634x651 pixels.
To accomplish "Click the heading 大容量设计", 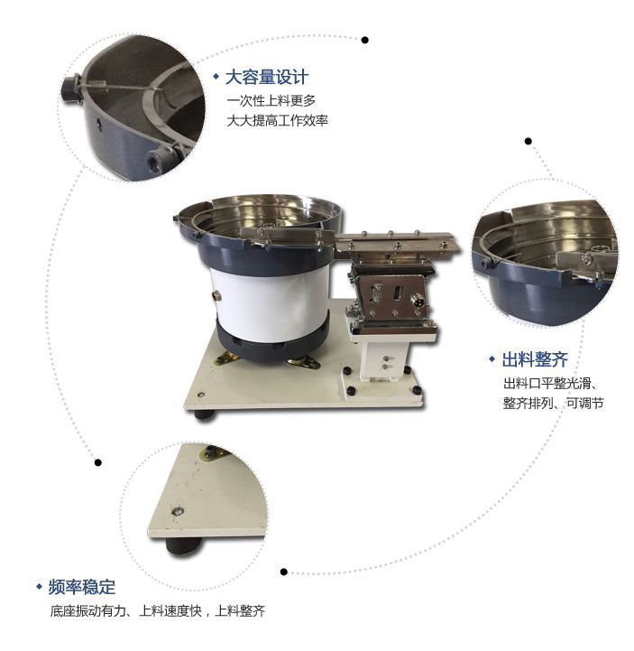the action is click(x=267, y=78).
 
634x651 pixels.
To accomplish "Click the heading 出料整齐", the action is click(x=535, y=359).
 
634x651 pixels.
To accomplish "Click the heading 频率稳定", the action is click(x=82, y=587).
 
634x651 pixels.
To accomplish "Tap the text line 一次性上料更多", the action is click(x=271, y=100).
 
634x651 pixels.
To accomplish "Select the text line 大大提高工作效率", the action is click(x=278, y=121).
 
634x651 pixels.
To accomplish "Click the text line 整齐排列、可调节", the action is click(x=553, y=403).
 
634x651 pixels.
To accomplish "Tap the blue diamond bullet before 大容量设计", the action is click(x=216, y=77).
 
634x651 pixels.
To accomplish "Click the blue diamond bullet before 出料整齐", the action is click(x=492, y=359).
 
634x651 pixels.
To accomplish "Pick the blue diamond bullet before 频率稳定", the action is click(x=40, y=587).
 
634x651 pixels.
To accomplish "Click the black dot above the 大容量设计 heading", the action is click(x=365, y=40).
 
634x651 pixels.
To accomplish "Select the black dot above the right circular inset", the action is click(x=528, y=141).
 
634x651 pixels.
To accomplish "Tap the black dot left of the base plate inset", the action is click(x=98, y=462).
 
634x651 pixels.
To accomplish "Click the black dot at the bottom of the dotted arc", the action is click(x=283, y=572).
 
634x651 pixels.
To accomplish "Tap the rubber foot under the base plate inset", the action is click(x=184, y=545).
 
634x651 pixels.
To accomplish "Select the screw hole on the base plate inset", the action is click(x=178, y=511).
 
